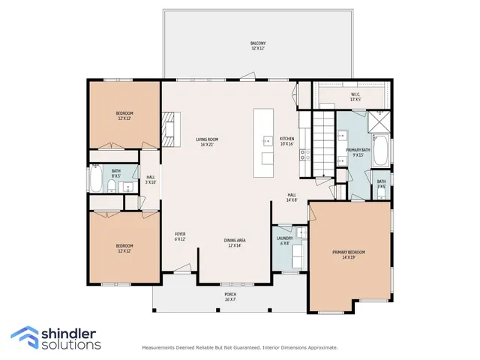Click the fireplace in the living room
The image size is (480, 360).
point(171,129)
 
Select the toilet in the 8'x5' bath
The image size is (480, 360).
point(111,186)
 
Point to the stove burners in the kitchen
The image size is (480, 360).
point(305,155)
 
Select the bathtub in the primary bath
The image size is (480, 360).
point(382,153)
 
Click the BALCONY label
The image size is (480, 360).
point(257,43)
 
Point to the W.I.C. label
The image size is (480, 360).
point(355,94)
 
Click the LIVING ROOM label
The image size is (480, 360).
point(207,139)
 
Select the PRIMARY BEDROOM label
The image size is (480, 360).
point(349,251)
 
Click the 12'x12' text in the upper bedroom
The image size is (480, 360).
point(124,118)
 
